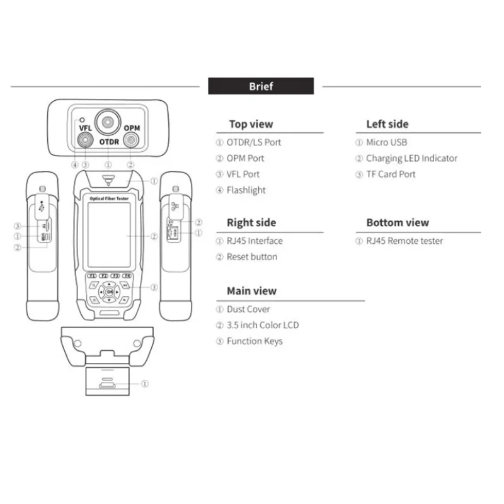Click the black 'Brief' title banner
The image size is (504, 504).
coord(261,86)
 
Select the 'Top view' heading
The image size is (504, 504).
coord(251,124)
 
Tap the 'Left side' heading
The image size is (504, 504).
coord(387,124)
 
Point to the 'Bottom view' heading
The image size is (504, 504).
coord(398,222)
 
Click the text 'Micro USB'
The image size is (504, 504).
coord(387,142)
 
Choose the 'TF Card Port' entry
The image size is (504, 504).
coord(391,174)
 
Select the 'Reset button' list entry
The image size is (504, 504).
coord(252,256)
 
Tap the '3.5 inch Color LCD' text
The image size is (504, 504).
coord(263,325)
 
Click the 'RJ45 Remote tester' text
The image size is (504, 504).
coord(404,241)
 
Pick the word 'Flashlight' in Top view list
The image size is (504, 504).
coord(246,190)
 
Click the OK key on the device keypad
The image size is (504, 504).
coord(110,292)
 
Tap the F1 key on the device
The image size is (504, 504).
coord(91,276)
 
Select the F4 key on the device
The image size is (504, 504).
coord(127,276)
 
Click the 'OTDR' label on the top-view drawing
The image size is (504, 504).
coord(109,142)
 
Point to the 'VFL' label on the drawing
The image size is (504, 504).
coord(85,128)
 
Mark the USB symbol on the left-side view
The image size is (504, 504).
coord(42,206)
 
